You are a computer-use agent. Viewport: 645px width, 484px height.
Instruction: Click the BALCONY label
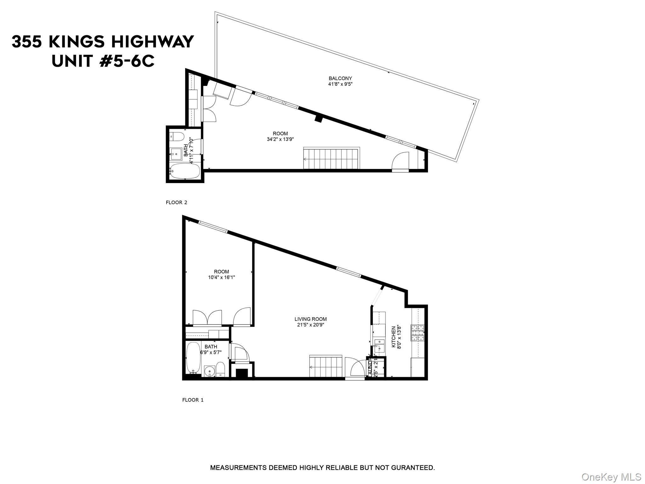[x=340, y=78]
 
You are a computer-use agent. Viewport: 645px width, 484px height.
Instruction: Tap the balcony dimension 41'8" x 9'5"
[x=340, y=84]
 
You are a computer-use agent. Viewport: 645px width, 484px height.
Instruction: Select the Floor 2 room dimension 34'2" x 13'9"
[x=280, y=139]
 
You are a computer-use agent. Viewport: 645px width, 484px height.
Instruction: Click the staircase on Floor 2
[x=331, y=158]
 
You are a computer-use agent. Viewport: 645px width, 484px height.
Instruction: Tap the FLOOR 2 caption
[x=176, y=203]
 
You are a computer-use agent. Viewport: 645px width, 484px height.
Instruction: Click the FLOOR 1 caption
[x=193, y=400]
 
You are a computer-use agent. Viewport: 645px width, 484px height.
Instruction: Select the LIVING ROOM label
[x=311, y=319]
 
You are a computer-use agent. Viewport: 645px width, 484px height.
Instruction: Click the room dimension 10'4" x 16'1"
[x=221, y=278]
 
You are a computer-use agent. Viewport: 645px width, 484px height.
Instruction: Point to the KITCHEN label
[x=393, y=337]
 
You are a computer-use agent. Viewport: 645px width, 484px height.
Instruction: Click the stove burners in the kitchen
[x=418, y=333]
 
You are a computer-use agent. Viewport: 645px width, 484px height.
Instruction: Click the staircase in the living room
[x=326, y=366]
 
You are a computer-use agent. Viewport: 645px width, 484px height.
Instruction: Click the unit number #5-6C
[x=127, y=61]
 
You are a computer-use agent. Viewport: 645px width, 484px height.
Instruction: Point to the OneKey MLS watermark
[x=611, y=477]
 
